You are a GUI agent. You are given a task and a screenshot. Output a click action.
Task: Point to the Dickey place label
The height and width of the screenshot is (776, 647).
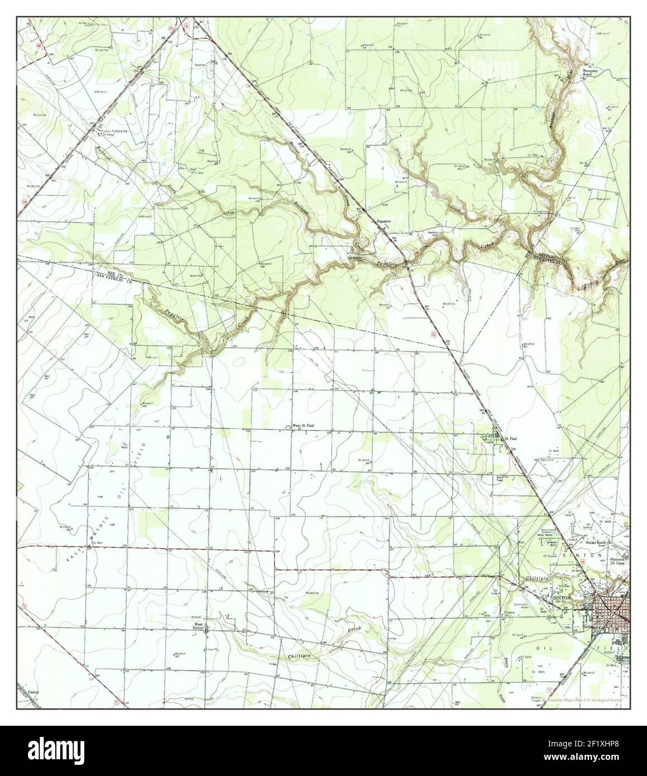(34, 691)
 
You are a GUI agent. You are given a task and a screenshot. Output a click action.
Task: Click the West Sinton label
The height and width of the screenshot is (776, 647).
(198, 626)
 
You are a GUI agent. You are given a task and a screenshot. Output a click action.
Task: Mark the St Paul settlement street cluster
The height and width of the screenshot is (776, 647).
(495, 437)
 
